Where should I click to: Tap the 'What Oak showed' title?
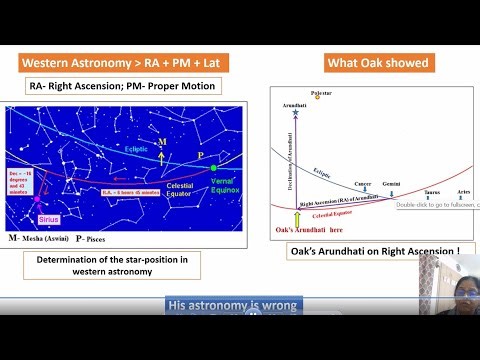pos(377,63)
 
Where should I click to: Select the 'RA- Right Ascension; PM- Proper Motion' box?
pos(123,87)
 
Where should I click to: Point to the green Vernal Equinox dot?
pos(212,168)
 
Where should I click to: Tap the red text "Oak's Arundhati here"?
pos(307,229)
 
